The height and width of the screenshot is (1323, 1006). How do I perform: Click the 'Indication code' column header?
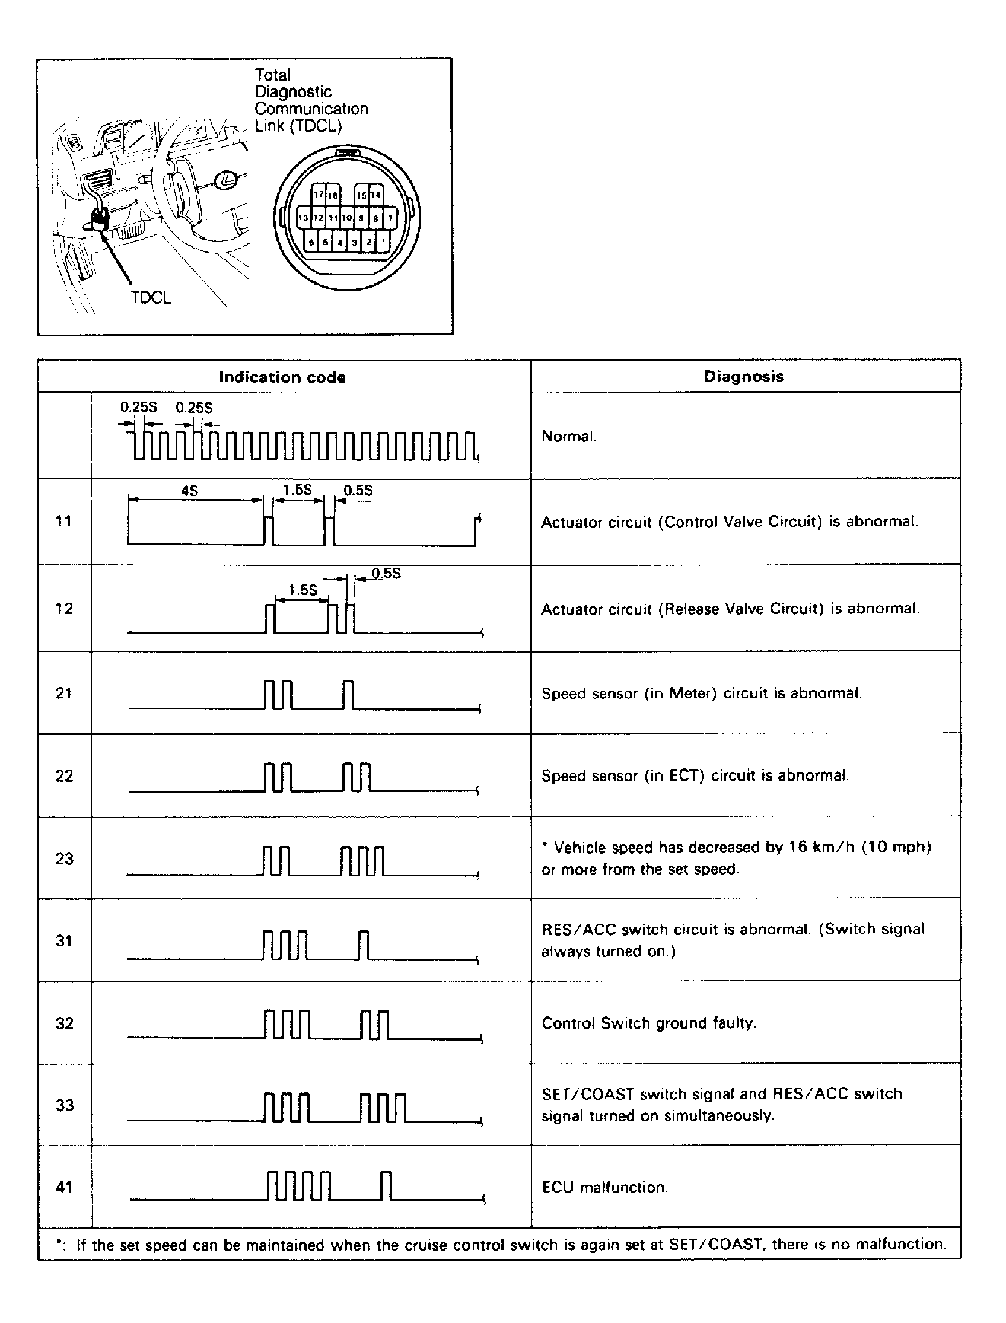[x=282, y=377]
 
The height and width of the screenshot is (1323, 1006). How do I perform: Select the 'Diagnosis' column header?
[x=743, y=376]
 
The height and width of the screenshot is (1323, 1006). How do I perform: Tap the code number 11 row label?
[x=64, y=521]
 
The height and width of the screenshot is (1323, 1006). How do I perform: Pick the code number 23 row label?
[x=64, y=859]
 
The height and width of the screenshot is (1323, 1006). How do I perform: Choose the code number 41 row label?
[x=64, y=1187]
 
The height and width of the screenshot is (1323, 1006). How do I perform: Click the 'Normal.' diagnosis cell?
[x=569, y=436]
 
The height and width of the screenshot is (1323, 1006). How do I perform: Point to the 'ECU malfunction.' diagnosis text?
[x=605, y=1187]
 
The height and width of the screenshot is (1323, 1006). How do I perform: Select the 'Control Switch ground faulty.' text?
[x=649, y=1023]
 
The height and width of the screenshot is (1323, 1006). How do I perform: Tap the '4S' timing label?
[x=189, y=491]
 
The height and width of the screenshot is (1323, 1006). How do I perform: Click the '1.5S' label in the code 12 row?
[x=302, y=590]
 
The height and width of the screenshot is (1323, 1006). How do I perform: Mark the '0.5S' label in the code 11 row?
[x=358, y=491]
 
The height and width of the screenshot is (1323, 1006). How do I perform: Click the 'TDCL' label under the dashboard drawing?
[x=151, y=297]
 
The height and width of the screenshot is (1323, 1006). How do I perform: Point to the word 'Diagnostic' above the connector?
[x=293, y=92]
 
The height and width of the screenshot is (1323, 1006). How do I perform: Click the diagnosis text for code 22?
[x=695, y=776]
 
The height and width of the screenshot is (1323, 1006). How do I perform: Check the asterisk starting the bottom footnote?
[x=59, y=1242]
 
